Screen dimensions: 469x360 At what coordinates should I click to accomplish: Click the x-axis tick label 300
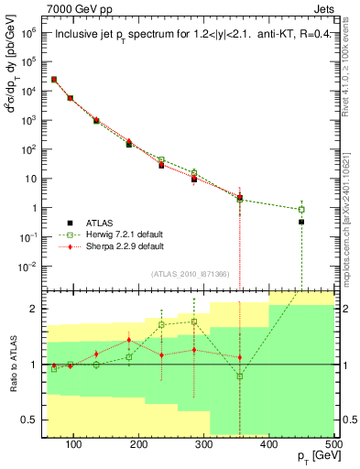pyautogui.click(x=269, y=443)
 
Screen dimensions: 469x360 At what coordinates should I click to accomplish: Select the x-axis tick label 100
pyautogui.click(x=75, y=443)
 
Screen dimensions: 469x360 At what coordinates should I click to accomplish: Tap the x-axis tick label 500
pyautogui.click(x=333, y=443)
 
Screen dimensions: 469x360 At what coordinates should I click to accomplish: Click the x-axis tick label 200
pyautogui.click(x=139, y=443)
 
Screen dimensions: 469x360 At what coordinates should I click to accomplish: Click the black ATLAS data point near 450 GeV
pyautogui.click(x=301, y=222)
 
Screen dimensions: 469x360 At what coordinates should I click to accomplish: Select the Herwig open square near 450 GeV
pyautogui.click(x=301, y=209)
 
